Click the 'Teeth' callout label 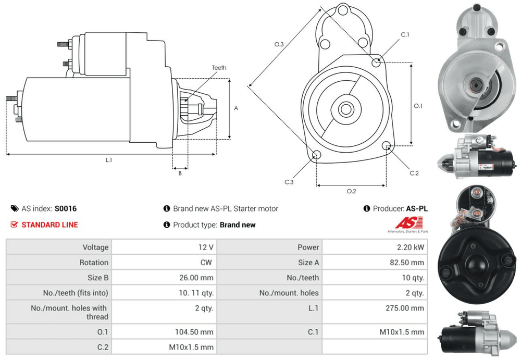(219, 68)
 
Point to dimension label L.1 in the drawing (109, 160)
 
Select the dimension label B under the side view (180, 173)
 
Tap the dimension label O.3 (279, 45)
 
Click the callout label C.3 (289, 182)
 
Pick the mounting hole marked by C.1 (376, 63)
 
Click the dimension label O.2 (351, 191)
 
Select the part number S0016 (66, 208)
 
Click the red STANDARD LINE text (49, 225)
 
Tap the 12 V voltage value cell (207, 247)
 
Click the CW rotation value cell (207, 263)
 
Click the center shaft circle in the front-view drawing (345, 110)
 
